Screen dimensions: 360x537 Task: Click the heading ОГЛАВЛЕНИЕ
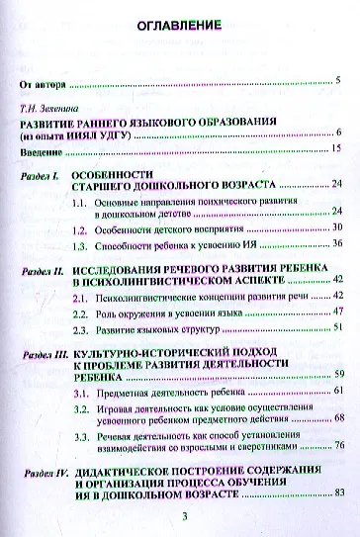coord(179,28)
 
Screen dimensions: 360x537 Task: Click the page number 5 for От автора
coord(338,77)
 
